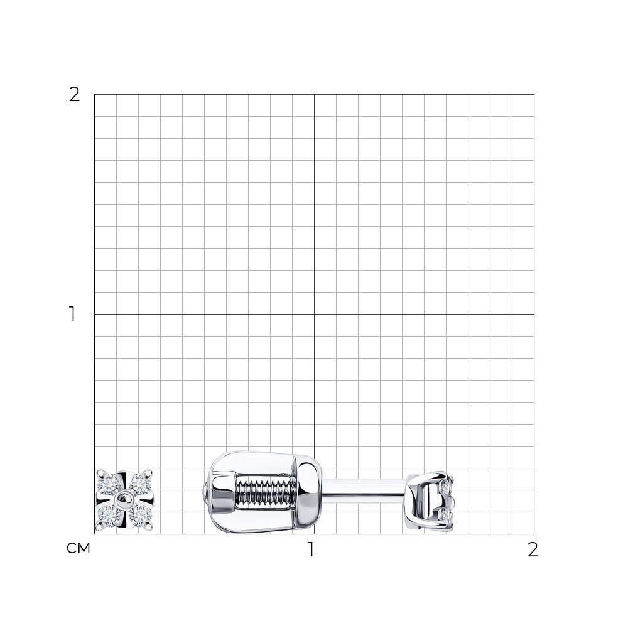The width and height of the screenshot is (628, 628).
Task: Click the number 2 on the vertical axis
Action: (75, 95)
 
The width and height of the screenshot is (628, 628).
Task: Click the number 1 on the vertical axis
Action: (72, 314)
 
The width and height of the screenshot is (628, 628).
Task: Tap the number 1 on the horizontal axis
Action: (311, 549)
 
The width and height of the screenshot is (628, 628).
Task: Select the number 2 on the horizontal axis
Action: (533, 549)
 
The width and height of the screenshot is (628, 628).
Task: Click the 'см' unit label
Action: (78, 548)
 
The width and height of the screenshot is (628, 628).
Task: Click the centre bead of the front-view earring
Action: (124, 500)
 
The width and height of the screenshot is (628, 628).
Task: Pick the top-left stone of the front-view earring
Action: (110, 485)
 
